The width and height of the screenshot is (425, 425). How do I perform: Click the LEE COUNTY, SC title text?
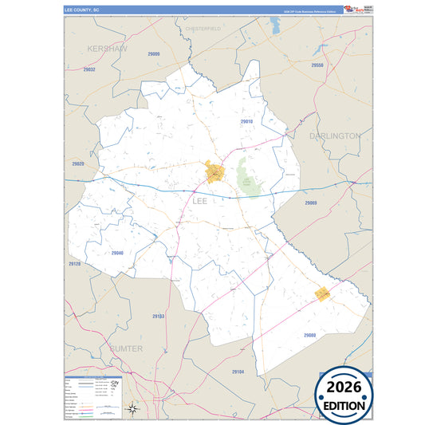click(x=81, y=10)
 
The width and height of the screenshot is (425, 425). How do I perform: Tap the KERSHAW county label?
click(x=108, y=49)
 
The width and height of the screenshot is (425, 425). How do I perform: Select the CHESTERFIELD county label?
click(x=203, y=29)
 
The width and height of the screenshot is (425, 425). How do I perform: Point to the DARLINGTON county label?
click(x=335, y=136)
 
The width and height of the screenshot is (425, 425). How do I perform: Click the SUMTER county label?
click(x=123, y=348)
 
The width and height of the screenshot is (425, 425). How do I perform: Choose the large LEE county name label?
click(x=199, y=201)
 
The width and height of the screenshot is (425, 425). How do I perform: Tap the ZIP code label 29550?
click(x=317, y=65)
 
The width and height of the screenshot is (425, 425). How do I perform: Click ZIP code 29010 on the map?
click(x=246, y=121)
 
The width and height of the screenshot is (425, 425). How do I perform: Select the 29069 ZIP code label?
click(x=311, y=203)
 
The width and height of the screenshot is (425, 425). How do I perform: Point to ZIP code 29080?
click(x=309, y=335)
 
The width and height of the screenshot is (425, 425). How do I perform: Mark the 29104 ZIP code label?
click(x=238, y=372)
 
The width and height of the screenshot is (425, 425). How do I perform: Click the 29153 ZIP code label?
click(x=158, y=317)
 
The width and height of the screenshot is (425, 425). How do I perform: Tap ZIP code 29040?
click(x=117, y=253)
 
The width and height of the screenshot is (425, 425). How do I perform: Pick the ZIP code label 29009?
click(x=154, y=54)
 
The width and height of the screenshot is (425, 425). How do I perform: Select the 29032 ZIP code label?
click(x=89, y=70)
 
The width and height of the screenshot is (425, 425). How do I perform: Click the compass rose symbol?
click(x=136, y=410)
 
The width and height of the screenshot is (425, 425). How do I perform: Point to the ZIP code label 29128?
click(x=74, y=263)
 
